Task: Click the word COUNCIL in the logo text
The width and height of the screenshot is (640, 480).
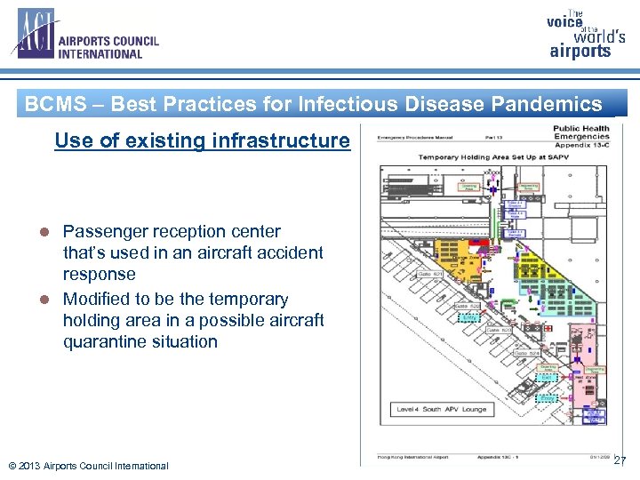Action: pyautogui.click(x=129, y=41)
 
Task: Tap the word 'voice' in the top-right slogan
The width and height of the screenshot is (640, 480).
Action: pyautogui.click(x=564, y=22)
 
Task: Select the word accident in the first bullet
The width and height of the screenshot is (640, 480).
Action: pyautogui.click(x=292, y=252)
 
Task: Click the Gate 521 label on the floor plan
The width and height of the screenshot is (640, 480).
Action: pyautogui.click(x=430, y=275)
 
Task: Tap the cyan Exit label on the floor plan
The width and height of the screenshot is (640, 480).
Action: pyautogui.click(x=468, y=316)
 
